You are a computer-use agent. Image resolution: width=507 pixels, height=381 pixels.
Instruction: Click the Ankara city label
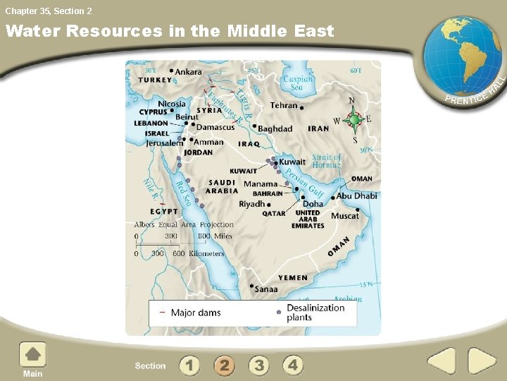click(x=188, y=71)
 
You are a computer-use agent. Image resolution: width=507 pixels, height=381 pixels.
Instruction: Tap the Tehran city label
click(x=284, y=105)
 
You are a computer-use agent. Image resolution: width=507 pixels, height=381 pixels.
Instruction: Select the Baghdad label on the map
click(x=275, y=128)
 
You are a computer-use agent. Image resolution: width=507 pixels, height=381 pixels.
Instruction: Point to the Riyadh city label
click(x=252, y=204)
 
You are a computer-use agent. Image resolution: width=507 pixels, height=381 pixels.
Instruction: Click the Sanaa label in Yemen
click(x=265, y=289)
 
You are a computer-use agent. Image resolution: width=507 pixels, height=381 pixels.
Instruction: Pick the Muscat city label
click(x=345, y=216)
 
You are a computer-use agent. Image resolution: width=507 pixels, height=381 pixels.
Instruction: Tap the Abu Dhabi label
click(x=356, y=195)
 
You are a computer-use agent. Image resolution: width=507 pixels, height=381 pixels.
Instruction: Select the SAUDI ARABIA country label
click(x=222, y=186)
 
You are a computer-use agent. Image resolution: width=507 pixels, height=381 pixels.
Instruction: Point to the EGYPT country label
click(x=164, y=211)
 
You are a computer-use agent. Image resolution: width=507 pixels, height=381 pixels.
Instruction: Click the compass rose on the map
click(x=354, y=120)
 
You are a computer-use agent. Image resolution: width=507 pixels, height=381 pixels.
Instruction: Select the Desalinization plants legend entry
click(x=315, y=313)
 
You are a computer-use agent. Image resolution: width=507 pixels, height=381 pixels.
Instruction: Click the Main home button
click(x=32, y=359)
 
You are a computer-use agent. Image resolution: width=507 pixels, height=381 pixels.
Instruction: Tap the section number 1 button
click(x=189, y=365)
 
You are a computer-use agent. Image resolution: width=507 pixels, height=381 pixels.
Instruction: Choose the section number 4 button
click(x=293, y=365)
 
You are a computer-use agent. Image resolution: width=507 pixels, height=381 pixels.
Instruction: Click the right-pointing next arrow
click(x=482, y=361)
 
